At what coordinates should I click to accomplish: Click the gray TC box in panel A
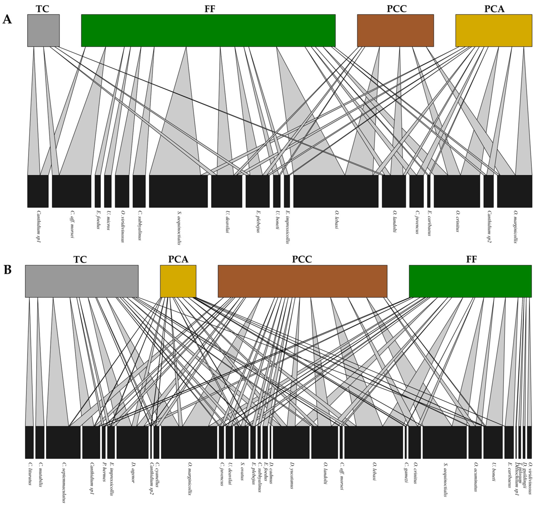pyautogui.click(x=43, y=30)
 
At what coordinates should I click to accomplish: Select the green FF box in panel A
pyautogui.click(x=208, y=30)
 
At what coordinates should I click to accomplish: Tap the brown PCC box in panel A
pyautogui.click(x=395, y=30)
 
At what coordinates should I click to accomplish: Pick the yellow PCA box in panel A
pyautogui.click(x=494, y=30)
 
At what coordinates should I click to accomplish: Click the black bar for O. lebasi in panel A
pyautogui.click(x=336, y=191)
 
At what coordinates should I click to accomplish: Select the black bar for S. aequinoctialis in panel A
pyautogui.click(x=178, y=191)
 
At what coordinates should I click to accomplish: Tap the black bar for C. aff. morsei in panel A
pyautogui.click(x=71, y=191)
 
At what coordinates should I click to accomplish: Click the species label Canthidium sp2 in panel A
pyautogui.click(x=489, y=227)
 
